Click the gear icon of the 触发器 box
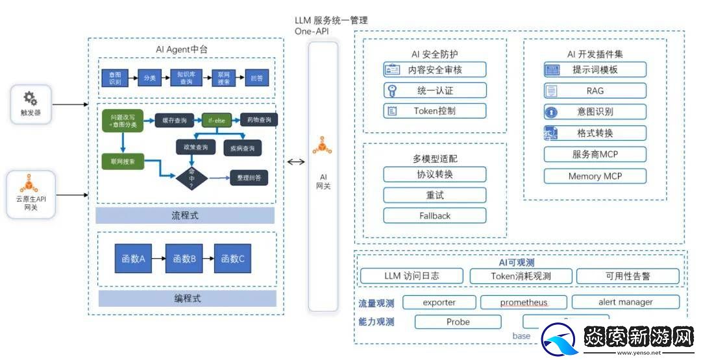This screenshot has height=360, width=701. click(x=31, y=99)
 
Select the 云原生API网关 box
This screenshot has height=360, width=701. click(x=31, y=193)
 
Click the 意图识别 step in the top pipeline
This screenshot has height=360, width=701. click(x=115, y=78)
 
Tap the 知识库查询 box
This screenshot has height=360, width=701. click(x=187, y=78)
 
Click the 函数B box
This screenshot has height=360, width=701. click(x=184, y=258)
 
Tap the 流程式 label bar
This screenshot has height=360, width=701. click(x=185, y=215)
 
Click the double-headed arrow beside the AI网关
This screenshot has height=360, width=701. click(x=296, y=162)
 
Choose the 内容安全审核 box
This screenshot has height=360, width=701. click(x=434, y=69)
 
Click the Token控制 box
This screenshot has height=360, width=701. click(x=434, y=111)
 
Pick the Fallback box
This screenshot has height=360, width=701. click(x=434, y=216)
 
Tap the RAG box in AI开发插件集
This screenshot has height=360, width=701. click(x=595, y=91)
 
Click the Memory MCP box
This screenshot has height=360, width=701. click(x=595, y=176)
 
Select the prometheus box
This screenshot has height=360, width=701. click(x=523, y=302)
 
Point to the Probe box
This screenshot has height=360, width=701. click(x=458, y=322)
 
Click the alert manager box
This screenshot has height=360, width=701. click(x=625, y=302)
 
